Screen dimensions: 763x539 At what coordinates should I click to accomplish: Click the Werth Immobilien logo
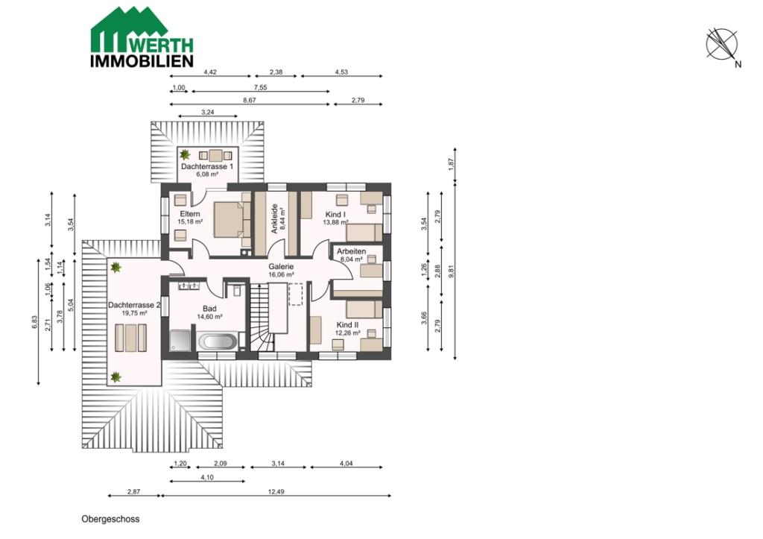pos(142,37)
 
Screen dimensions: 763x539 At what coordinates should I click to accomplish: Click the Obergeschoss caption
pos(110,519)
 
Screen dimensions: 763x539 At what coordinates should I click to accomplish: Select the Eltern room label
pos(190,214)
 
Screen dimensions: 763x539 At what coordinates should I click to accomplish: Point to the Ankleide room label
pos(274,218)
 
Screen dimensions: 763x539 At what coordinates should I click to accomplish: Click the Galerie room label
pos(281,267)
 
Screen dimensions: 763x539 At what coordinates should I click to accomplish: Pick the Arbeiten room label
pos(352,251)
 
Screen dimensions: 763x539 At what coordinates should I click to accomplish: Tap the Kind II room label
pos(347,325)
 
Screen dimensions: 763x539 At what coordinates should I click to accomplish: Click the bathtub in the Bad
pos(218,341)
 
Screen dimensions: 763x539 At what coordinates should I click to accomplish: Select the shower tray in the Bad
pos(180,341)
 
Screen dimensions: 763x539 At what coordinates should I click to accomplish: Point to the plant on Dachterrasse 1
pos(185,155)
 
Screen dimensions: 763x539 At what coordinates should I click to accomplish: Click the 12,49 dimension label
pos(276,492)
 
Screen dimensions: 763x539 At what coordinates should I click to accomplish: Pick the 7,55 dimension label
pos(260,88)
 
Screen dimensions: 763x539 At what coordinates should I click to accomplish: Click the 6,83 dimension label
pos(34,322)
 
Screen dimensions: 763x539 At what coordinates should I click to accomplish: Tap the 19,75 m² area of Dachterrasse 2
pos(134,314)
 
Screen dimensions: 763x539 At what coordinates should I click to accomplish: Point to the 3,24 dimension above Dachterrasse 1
pos(208,113)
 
